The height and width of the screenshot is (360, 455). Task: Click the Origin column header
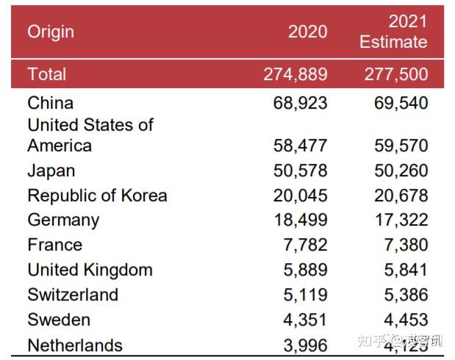click(x=51, y=32)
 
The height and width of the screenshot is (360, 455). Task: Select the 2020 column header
click(x=307, y=32)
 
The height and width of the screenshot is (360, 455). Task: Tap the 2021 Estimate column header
click(x=393, y=32)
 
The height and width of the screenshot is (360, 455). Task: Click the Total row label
click(x=46, y=74)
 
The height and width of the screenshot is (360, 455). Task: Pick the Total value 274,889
click(x=295, y=74)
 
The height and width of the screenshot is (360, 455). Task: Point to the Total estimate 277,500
click(x=396, y=74)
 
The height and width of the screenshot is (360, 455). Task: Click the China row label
click(x=50, y=103)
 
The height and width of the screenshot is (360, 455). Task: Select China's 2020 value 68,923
click(x=300, y=103)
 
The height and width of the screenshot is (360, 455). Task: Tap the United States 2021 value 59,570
click(x=401, y=145)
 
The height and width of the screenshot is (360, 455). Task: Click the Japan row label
click(x=51, y=170)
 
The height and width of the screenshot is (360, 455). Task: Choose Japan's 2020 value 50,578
click(x=300, y=170)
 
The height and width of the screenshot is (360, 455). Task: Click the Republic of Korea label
click(x=97, y=195)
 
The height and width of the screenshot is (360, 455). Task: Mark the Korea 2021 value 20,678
click(x=401, y=195)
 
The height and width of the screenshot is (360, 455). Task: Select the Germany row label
click(x=63, y=220)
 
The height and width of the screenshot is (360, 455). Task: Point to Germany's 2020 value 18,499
click(x=300, y=220)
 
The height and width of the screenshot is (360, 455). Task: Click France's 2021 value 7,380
click(x=406, y=245)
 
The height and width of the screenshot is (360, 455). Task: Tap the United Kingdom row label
click(x=90, y=270)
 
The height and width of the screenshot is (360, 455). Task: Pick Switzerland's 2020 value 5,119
click(x=305, y=295)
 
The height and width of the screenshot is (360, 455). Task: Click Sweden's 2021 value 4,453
click(x=406, y=320)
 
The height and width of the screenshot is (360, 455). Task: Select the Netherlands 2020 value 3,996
click(x=305, y=345)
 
